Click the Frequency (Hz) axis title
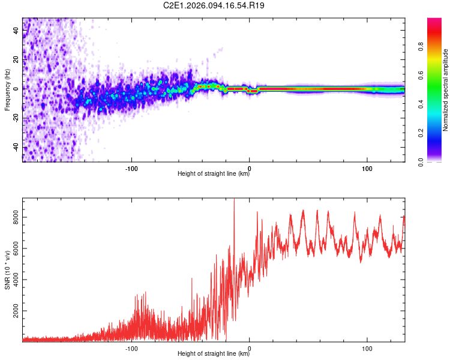tap(7, 89)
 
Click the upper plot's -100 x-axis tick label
tap(131, 167)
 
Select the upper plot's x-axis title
tap(214, 174)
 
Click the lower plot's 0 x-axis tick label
tap(249, 347)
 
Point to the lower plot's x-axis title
tap(214, 354)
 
